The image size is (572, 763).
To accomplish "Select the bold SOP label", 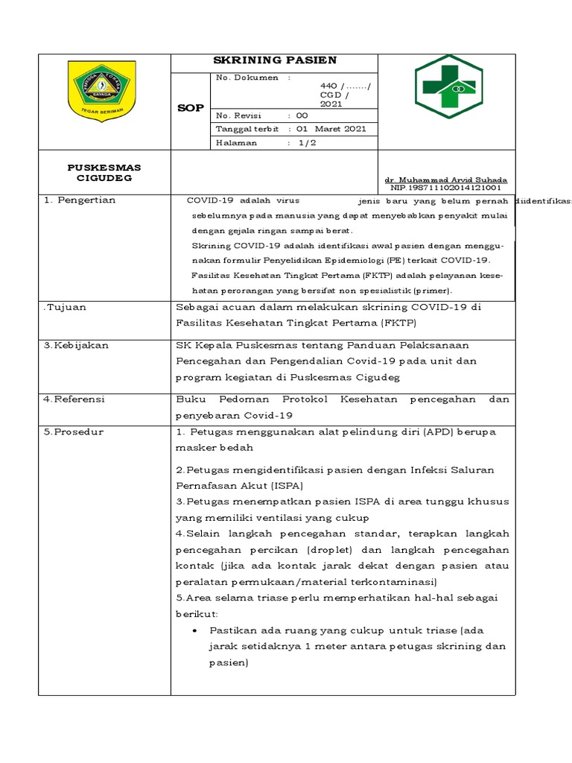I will click(x=191, y=109).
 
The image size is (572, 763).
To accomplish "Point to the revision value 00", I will click(x=302, y=115).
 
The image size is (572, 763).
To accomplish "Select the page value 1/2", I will click(x=306, y=142).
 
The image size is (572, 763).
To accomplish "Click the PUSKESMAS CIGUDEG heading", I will click(x=104, y=173).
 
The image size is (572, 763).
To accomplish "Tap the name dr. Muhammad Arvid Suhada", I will click(x=445, y=180).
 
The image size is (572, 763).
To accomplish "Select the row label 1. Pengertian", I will click(x=79, y=200).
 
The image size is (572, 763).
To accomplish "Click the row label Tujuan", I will click(x=66, y=307).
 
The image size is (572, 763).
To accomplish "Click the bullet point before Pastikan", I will click(x=194, y=630).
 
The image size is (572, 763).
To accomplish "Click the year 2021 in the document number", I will click(x=331, y=104).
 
